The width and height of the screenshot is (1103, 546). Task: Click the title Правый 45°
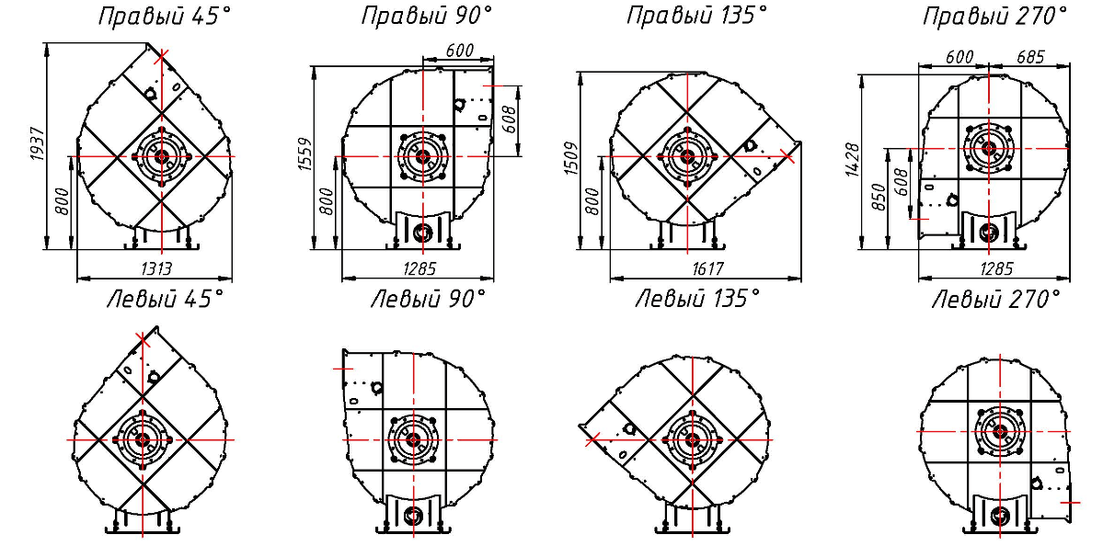click(x=164, y=17)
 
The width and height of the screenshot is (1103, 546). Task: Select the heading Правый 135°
click(x=696, y=17)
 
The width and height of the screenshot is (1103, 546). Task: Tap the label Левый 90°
click(x=428, y=300)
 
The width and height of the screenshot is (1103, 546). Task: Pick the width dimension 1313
click(x=155, y=269)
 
